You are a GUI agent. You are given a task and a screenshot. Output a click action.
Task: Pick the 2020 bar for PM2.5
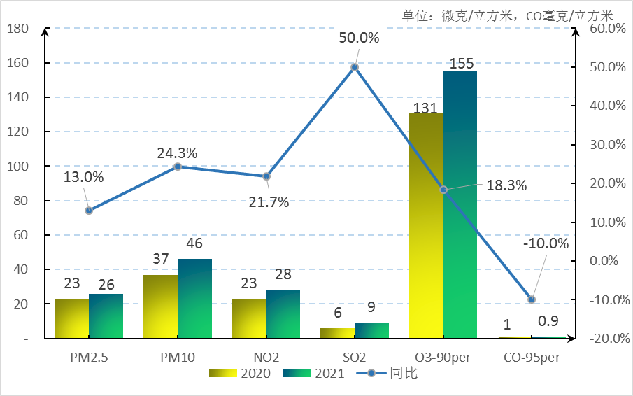(72, 318)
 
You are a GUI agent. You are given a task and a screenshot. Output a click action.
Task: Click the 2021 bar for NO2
(283, 314)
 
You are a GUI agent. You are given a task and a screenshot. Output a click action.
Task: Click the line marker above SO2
(355, 67)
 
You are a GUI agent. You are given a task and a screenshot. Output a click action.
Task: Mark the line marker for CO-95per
(532, 299)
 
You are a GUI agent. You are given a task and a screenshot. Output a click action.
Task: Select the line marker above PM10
(178, 167)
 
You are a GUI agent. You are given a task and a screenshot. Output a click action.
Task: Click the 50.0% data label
(359, 38)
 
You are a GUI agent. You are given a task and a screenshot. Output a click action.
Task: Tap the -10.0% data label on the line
(546, 243)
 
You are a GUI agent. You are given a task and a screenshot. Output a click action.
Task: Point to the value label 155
(462, 64)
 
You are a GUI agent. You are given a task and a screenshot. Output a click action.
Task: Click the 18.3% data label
(507, 185)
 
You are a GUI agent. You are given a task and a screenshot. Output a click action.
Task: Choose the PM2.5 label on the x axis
(89, 357)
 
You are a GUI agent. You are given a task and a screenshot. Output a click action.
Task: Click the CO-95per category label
(532, 357)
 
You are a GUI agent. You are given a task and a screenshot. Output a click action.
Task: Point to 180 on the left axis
(17, 29)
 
